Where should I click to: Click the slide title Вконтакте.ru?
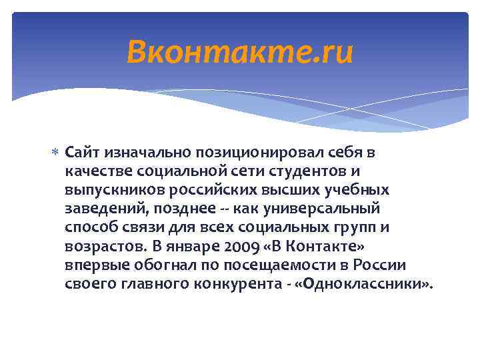click(x=240, y=52)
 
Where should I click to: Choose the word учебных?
click(x=354, y=190)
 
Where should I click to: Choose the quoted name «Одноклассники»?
click(x=363, y=283)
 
